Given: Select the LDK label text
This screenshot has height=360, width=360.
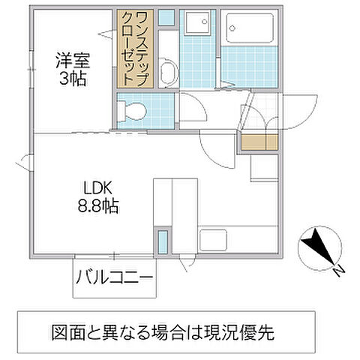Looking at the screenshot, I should [97, 188].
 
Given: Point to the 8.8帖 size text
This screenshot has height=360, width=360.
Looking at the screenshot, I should [98, 205].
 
